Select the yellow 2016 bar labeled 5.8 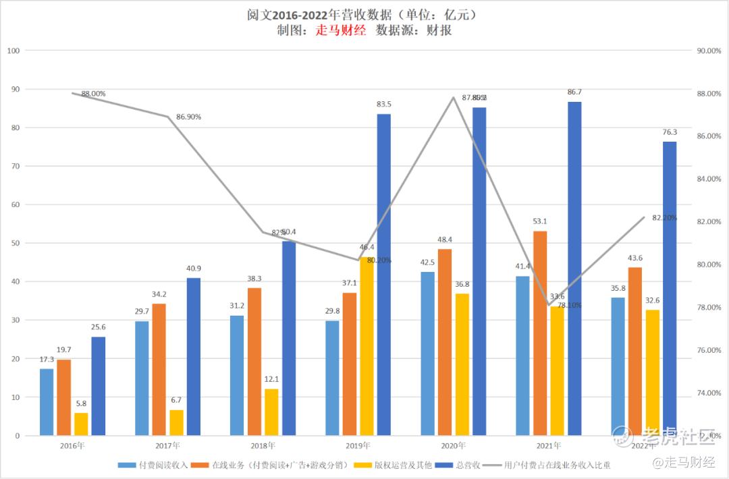point(81,424)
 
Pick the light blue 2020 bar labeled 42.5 point(427,354)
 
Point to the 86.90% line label point(189,117)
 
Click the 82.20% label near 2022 point(664,218)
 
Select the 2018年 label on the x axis point(263,446)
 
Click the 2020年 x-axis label point(453,446)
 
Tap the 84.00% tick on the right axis point(708,179)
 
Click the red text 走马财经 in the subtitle point(341,30)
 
